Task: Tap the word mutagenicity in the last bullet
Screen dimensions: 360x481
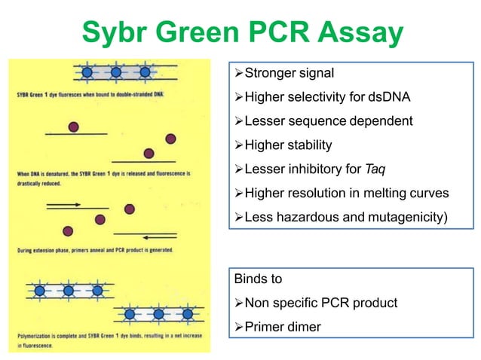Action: (x=406, y=217)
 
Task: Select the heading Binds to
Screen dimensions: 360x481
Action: (x=258, y=279)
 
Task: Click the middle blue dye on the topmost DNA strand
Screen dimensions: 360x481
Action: (x=115, y=72)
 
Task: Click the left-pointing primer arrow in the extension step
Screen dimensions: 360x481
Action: (x=151, y=234)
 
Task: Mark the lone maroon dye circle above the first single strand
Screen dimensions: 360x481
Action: (x=73, y=127)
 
